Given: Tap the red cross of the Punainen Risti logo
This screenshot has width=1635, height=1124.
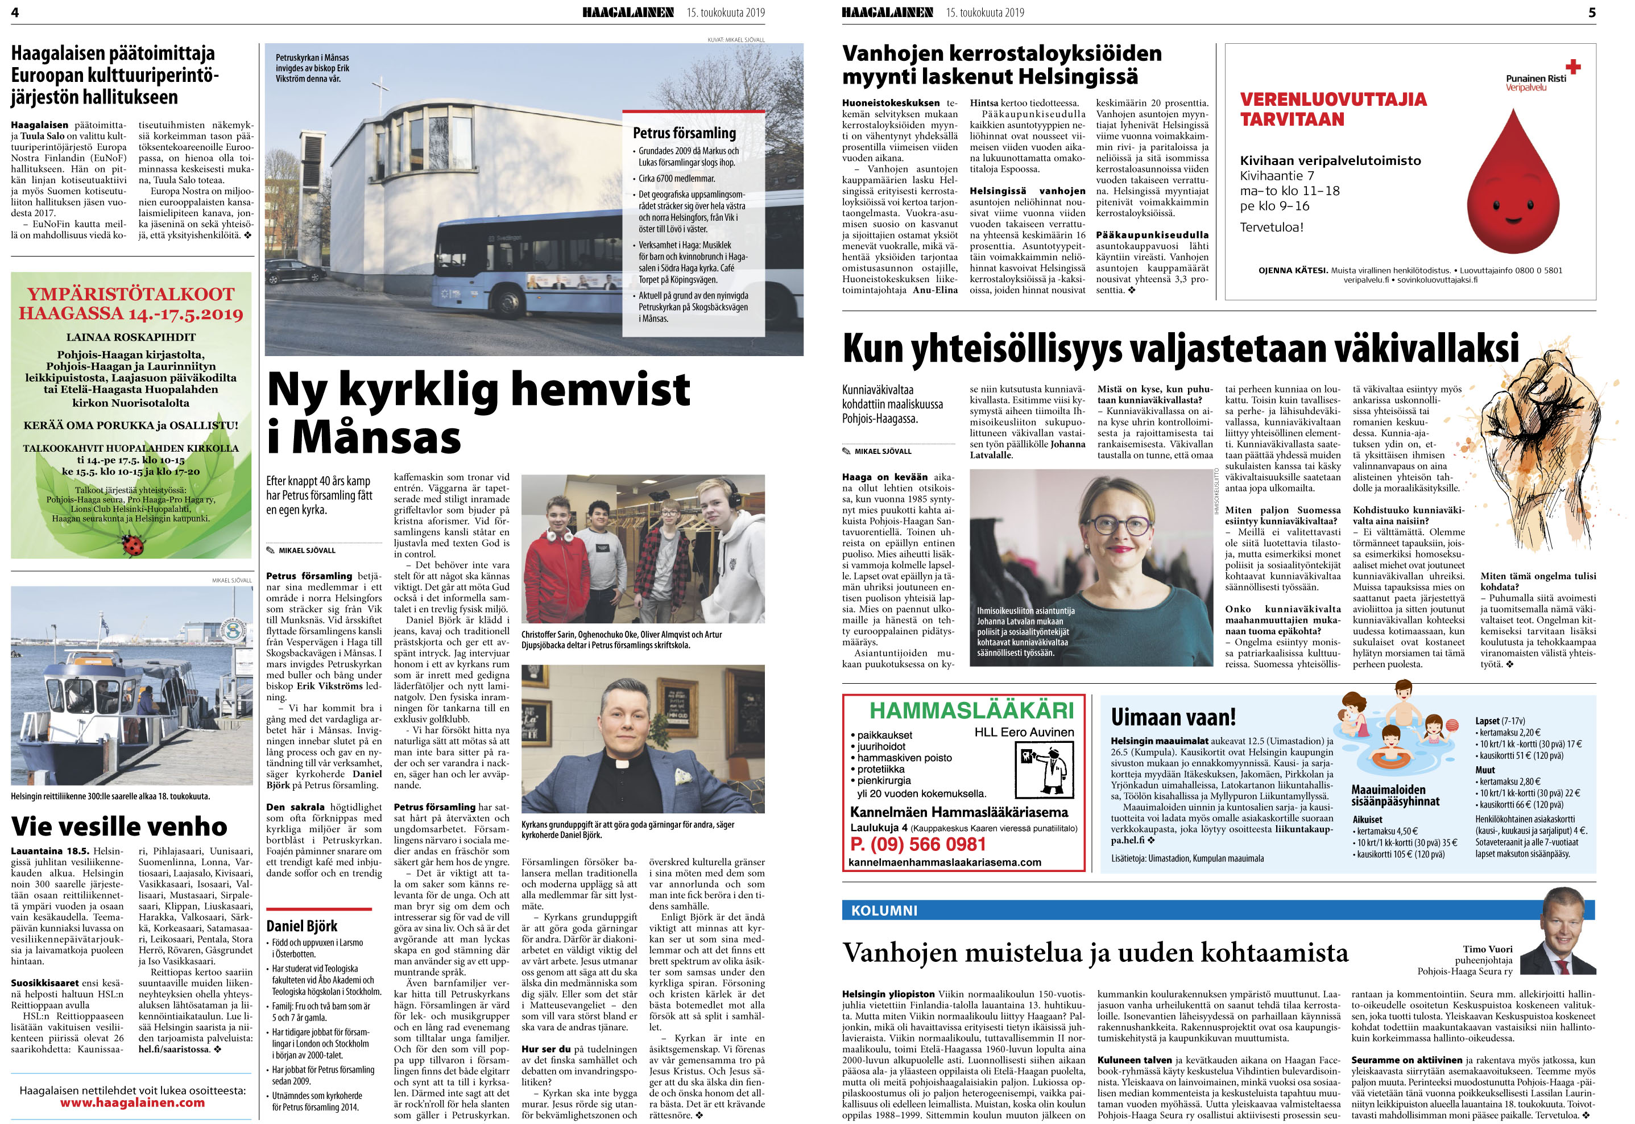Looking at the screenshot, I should click(1573, 68).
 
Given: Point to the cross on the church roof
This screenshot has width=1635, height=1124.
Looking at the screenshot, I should click(381, 92).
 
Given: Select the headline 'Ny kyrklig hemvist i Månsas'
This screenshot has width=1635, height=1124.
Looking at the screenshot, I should click(478, 412).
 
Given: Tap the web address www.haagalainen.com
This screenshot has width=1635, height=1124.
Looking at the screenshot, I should click(133, 1103).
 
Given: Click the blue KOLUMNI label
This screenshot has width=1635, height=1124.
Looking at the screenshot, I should click(884, 911).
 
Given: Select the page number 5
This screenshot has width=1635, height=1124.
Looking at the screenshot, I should click(1591, 12).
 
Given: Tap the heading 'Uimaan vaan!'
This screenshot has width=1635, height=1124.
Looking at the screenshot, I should click(1173, 717).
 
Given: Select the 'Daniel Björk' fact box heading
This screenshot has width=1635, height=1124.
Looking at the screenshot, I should click(301, 925).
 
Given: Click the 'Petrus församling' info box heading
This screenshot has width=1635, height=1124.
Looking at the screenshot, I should click(684, 133).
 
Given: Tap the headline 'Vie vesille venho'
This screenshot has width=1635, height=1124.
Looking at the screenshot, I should click(119, 825).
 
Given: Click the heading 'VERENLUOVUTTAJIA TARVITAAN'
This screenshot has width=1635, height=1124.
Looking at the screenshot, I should click(1333, 109).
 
